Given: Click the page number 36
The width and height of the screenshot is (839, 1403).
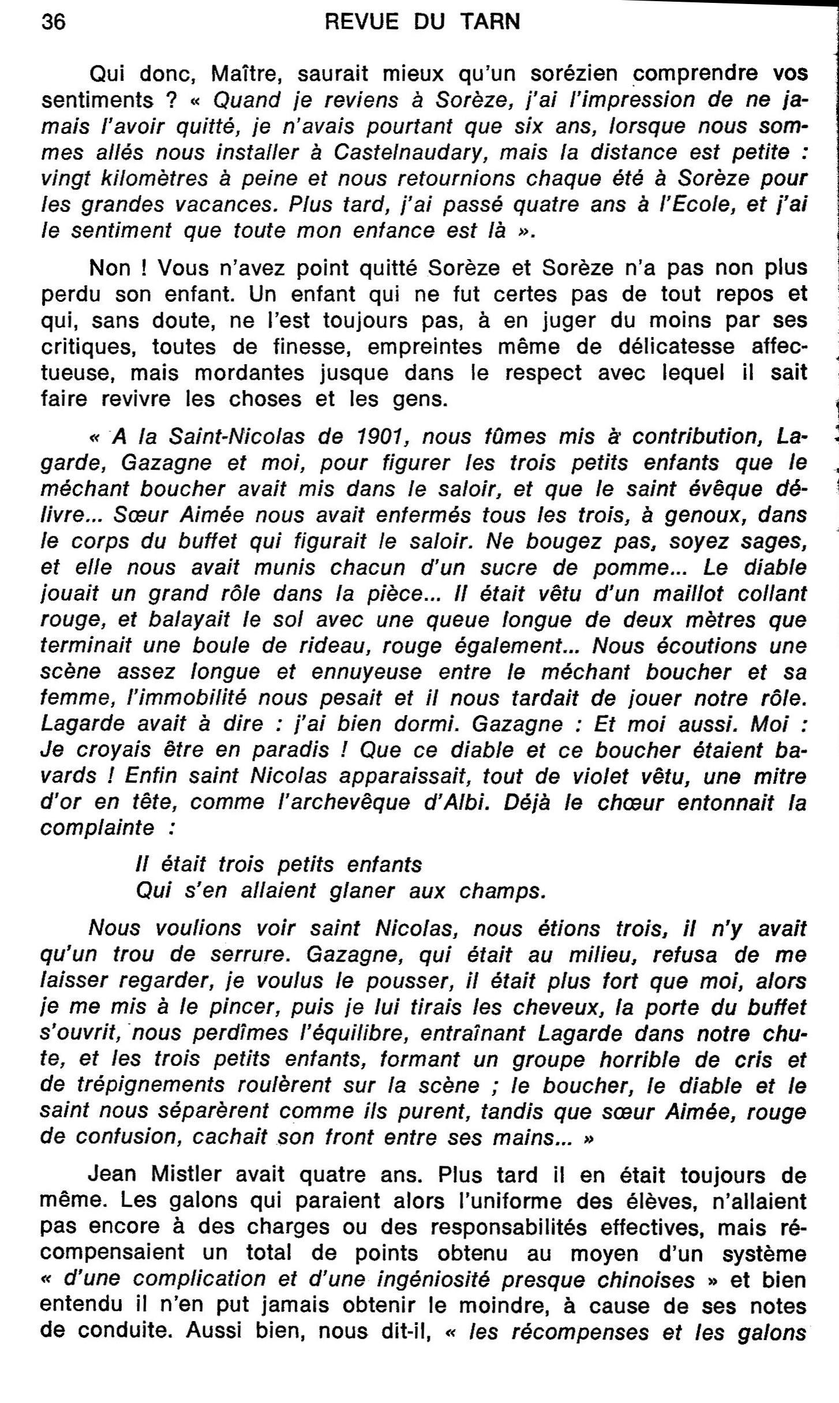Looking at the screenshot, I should pyautogui.click(x=54, y=22).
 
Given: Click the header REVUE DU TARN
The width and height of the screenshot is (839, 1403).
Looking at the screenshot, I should pyautogui.click(x=422, y=22).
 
